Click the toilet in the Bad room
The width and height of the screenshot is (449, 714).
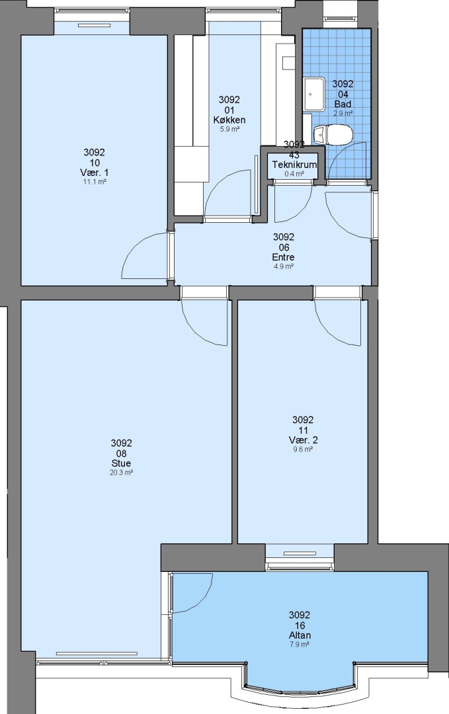click(x=333, y=135)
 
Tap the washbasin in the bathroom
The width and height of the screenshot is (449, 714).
click(x=314, y=94)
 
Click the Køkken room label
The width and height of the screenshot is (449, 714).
click(x=229, y=120)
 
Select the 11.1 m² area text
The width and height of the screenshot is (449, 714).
click(x=95, y=182)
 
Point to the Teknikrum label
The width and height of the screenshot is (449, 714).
click(x=294, y=165)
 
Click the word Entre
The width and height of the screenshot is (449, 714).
click(x=283, y=257)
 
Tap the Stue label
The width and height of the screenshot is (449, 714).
click(x=121, y=463)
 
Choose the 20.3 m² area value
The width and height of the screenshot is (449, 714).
click(x=122, y=473)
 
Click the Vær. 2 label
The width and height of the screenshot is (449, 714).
click(x=304, y=440)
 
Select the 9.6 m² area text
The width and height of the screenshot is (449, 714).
click(x=304, y=450)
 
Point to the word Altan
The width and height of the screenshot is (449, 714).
click(x=300, y=635)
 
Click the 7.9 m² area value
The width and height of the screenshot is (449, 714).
click(x=300, y=645)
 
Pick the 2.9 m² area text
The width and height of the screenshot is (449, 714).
click(x=343, y=114)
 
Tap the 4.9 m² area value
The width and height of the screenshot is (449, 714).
click(x=283, y=266)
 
